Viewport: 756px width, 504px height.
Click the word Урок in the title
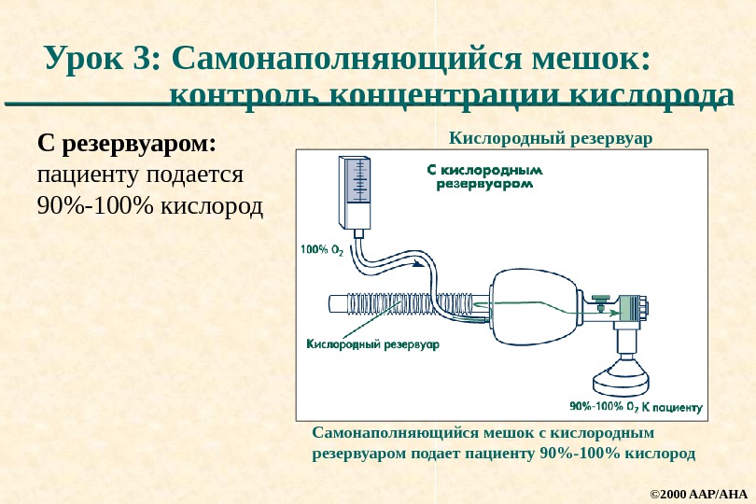click(87, 59)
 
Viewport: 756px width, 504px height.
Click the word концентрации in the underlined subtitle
click(444, 95)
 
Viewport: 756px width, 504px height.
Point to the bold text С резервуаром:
click(126, 146)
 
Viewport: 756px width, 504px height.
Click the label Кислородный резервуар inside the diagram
click(372, 345)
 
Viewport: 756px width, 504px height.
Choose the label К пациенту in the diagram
click(672, 407)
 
